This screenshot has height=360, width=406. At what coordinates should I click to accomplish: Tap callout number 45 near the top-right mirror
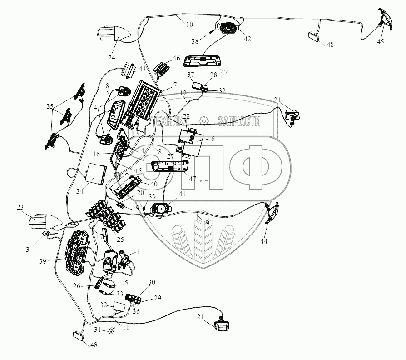pyautogui.click(x=380, y=42)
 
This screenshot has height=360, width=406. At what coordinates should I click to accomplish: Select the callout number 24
pyautogui.click(x=112, y=58)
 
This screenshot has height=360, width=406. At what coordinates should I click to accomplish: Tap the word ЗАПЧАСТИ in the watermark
pyautogui.click(x=239, y=121)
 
